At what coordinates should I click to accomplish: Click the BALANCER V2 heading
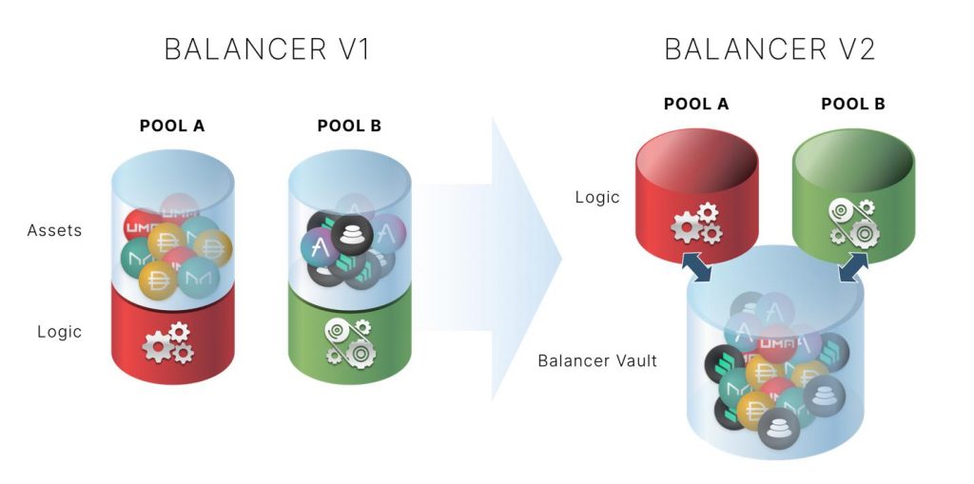769,49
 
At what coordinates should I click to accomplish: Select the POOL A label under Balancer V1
172,126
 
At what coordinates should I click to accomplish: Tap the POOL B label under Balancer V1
349,126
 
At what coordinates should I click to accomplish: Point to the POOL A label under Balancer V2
696,104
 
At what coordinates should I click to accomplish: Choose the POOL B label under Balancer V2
852,104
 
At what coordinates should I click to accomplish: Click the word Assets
54,230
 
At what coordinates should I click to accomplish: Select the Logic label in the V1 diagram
60,332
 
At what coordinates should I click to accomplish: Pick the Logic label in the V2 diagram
597,198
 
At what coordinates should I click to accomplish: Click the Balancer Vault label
597,361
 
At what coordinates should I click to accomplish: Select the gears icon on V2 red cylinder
696,223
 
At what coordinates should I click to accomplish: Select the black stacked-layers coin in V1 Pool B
352,234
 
